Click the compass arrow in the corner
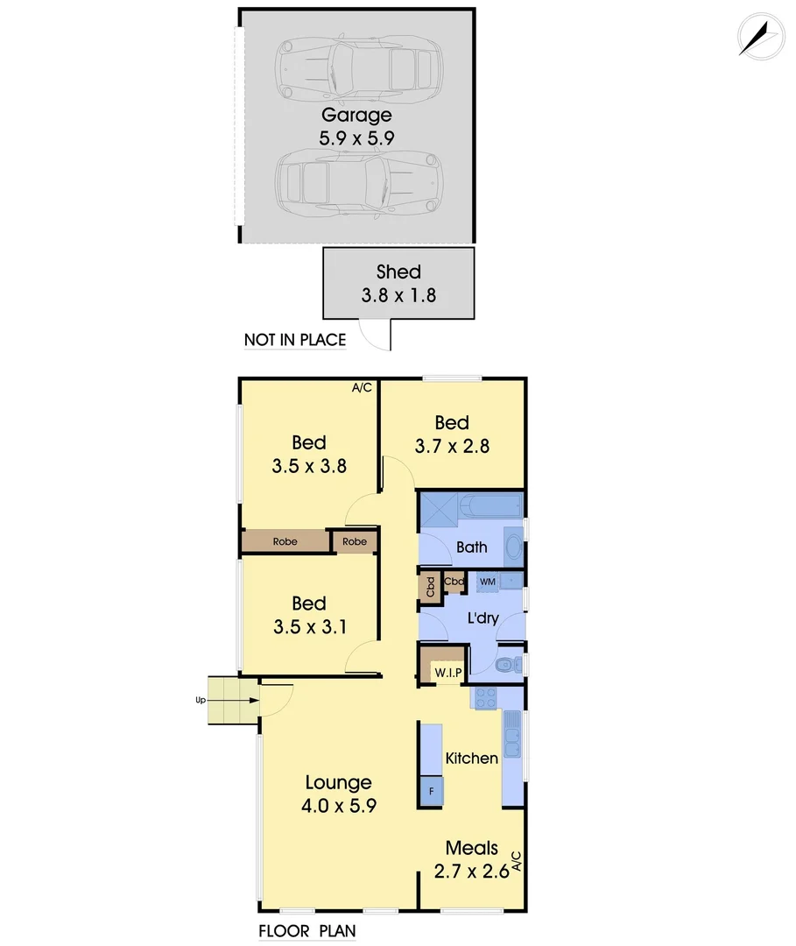point(758,37)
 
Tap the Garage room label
point(356,115)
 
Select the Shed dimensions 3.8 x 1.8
point(398,295)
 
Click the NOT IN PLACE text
point(295,340)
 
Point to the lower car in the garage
point(357,181)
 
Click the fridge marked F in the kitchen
point(431,791)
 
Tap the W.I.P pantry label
point(448,672)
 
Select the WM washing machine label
point(487,581)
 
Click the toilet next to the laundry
point(504,666)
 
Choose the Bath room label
point(472,547)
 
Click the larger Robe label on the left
point(285,542)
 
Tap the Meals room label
point(472,848)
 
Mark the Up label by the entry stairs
point(200,700)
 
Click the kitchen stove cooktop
point(485,697)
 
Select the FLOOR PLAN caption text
point(306,931)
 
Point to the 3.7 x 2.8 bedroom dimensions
point(452,446)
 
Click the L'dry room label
point(483,618)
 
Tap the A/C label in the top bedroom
point(362,386)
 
